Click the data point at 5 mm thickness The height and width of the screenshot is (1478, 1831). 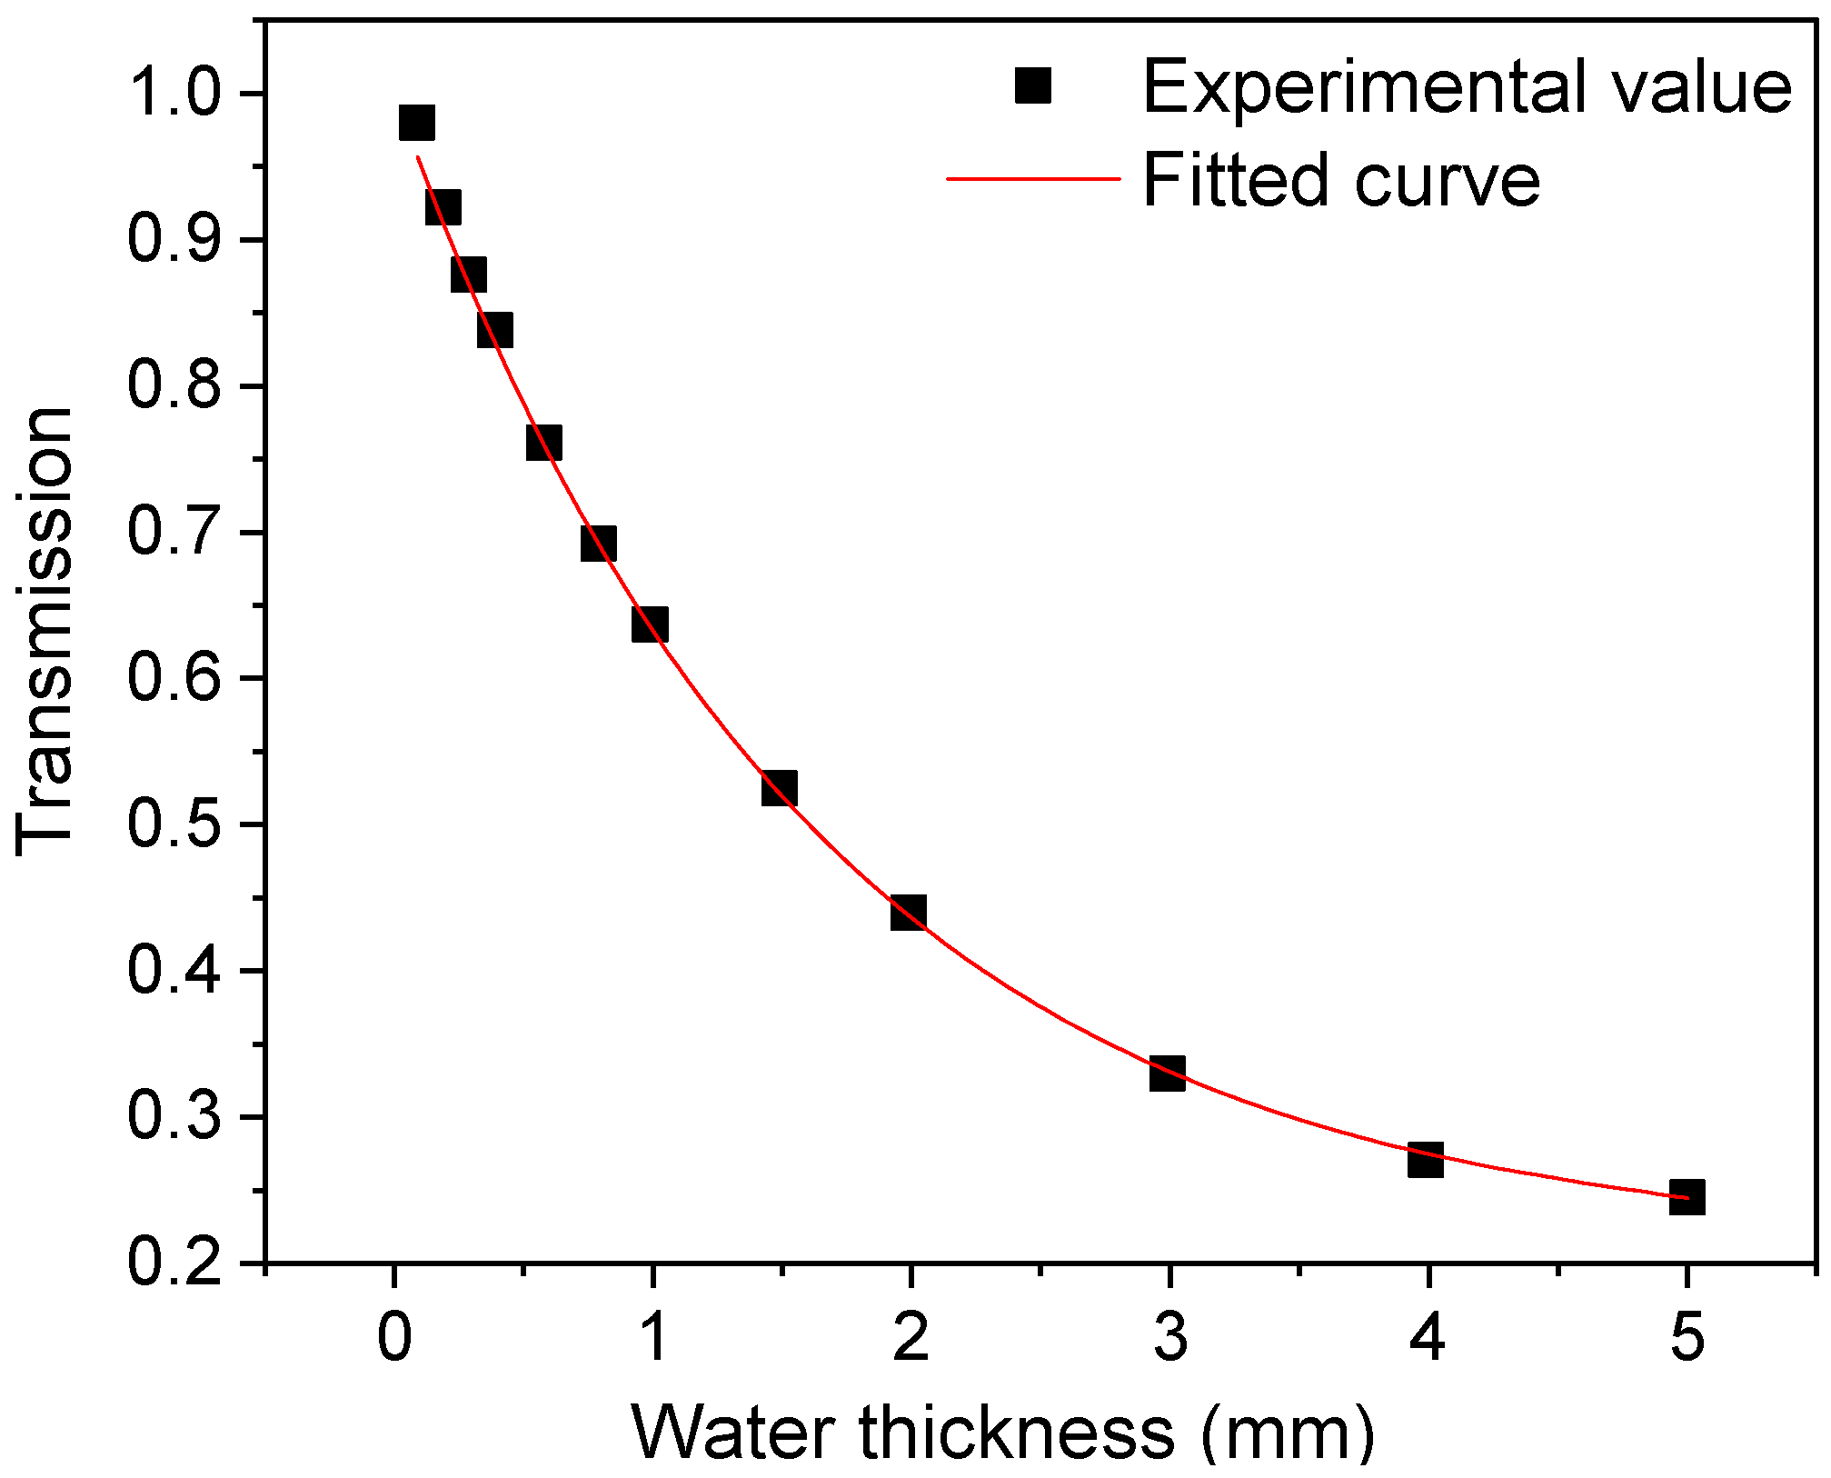tap(1687, 1197)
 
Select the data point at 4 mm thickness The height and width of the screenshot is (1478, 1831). tap(1426, 1160)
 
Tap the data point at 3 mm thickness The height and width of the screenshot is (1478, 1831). tap(1168, 1074)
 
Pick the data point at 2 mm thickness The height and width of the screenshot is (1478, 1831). tap(909, 911)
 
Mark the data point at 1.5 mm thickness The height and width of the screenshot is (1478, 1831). tap(780, 787)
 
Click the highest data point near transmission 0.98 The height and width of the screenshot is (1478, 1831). tap(417, 122)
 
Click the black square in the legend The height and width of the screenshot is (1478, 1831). tap(1033, 86)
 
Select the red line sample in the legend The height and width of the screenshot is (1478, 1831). tap(1033, 179)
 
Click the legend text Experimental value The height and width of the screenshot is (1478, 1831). tap(1467, 87)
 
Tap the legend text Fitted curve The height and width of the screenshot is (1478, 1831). tap(1341, 180)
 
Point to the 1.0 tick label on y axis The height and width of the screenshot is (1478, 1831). tap(174, 94)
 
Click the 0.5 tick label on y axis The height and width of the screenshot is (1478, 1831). tap(174, 824)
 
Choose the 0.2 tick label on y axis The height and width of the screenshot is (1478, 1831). tap(174, 1263)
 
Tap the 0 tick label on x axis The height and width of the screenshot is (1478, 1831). tap(394, 1338)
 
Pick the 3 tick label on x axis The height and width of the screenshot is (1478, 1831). tap(1170, 1338)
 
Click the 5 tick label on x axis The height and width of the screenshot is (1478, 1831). tap(1687, 1338)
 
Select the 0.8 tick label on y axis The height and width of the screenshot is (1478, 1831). tap(174, 385)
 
